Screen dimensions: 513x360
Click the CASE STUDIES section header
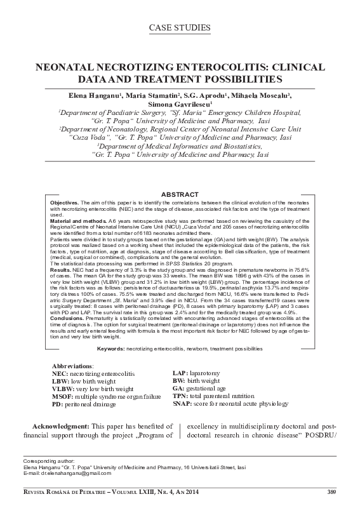click(x=180, y=28)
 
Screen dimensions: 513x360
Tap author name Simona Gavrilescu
click(x=180, y=103)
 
